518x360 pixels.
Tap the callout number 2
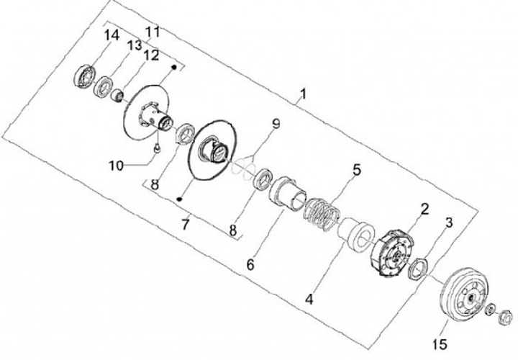tap(424, 210)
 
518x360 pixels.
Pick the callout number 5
tap(355, 171)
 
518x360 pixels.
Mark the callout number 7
tap(185, 225)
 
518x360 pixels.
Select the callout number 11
tap(152, 32)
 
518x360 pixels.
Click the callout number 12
tap(150, 55)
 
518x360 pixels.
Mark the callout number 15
tap(437, 337)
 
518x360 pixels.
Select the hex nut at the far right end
tap(505, 315)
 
